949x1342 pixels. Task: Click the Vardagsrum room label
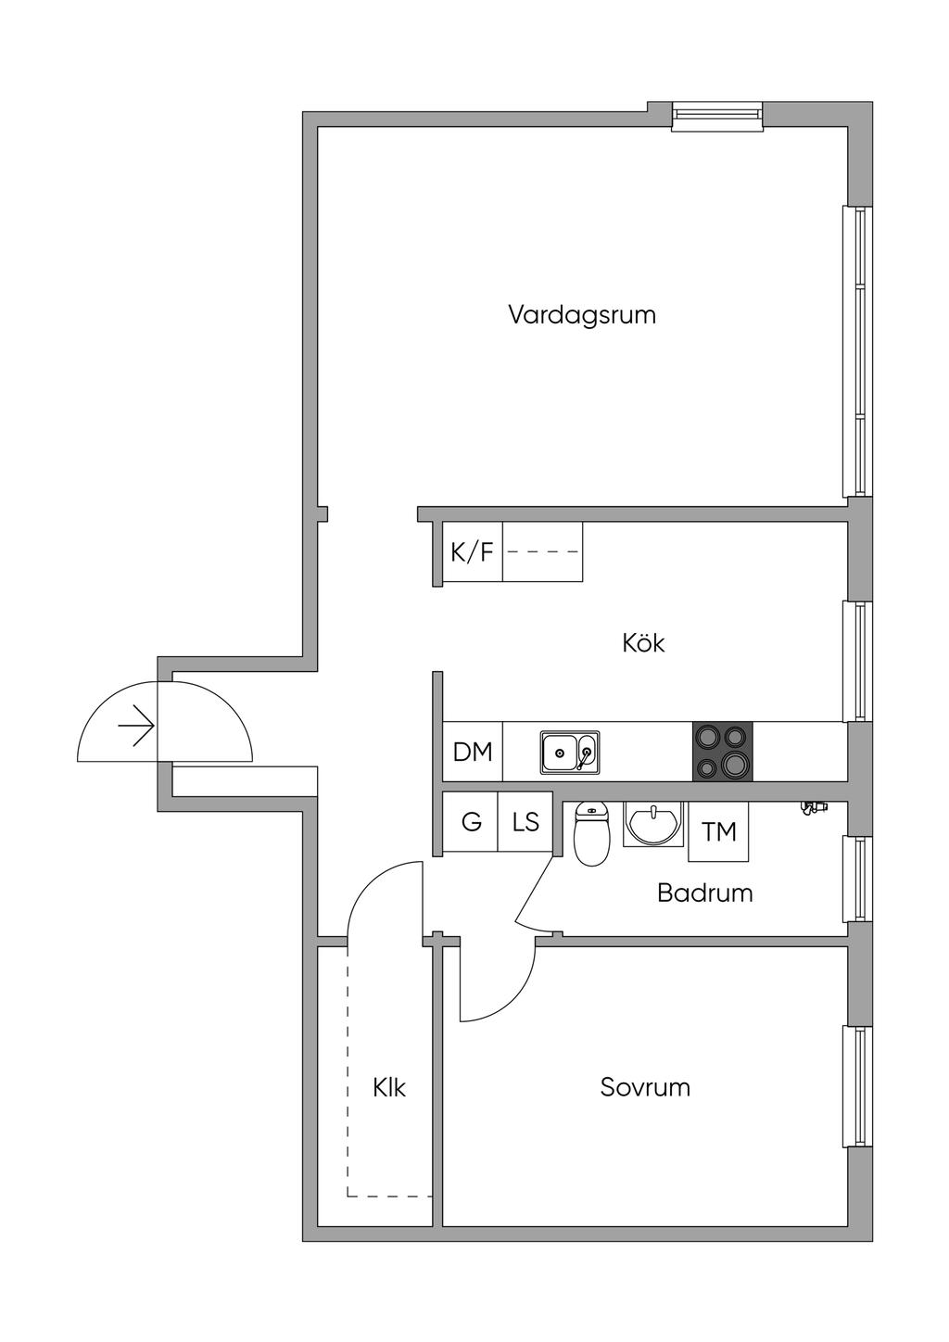[581, 315]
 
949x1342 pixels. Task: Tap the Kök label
[643, 642]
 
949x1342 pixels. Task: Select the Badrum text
[704, 893]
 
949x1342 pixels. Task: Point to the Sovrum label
[645, 1086]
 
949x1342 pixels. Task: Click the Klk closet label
[389, 1087]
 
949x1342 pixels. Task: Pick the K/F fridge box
[472, 552]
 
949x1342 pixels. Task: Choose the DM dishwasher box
[473, 752]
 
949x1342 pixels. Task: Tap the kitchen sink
[570, 752]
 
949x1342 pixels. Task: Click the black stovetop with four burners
[723, 751]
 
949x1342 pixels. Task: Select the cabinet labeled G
[471, 822]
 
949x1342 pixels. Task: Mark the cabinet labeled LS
[525, 822]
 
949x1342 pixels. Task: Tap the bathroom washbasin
[654, 823]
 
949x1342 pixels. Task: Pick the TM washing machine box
[718, 831]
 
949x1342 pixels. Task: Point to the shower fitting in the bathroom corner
[813, 809]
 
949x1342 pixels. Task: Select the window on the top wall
[716, 113]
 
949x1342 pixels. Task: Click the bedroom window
[858, 1086]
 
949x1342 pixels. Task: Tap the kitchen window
[858, 661]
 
